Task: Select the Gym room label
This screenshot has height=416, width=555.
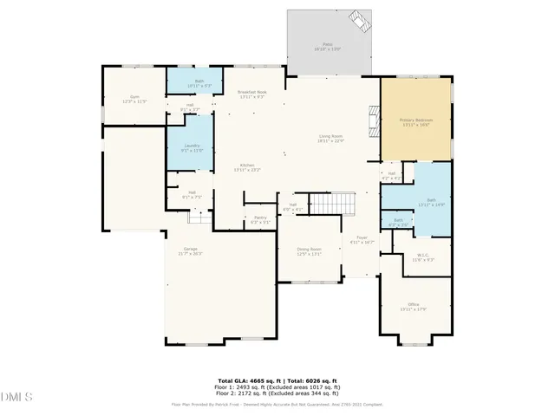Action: (x=135, y=98)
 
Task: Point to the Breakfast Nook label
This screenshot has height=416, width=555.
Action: (x=251, y=93)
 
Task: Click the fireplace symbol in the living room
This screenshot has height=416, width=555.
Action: (x=374, y=122)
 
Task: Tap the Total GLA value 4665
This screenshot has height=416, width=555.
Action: (x=257, y=380)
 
